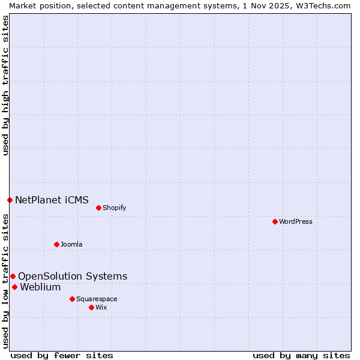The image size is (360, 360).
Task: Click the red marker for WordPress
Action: click(x=275, y=221)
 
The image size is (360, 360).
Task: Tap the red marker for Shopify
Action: click(x=98, y=208)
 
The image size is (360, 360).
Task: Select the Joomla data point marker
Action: click(x=56, y=244)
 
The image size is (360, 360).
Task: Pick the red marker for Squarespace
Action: click(x=72, y=299)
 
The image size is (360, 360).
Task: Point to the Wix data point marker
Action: click(x=91, y=307)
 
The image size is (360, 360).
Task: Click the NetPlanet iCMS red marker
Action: click(x=10, y=200)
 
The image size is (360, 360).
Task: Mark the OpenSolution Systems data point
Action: click(x=13, y=276)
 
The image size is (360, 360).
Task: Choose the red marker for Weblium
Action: click(x=14, y=287)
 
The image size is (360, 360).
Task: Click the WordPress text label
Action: click(x=296, y=221)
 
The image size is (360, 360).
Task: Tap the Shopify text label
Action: click(x=114, y=208)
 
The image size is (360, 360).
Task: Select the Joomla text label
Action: click(x=71, y=244)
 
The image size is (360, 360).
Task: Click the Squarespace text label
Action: click(x=97, y=299)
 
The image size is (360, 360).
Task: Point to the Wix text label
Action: click(x=101, y=307)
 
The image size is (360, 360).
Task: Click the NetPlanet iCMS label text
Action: click(x=52, y=200)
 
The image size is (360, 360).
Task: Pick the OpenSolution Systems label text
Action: click(x=73, y=276)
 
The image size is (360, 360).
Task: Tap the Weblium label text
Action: click(x=40, y=287)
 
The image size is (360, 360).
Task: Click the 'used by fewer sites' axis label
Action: click(x=62, y=355)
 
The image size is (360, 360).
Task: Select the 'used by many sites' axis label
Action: click(x=301, y=355)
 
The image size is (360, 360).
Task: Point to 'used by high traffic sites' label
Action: click(x=5, y=86)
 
